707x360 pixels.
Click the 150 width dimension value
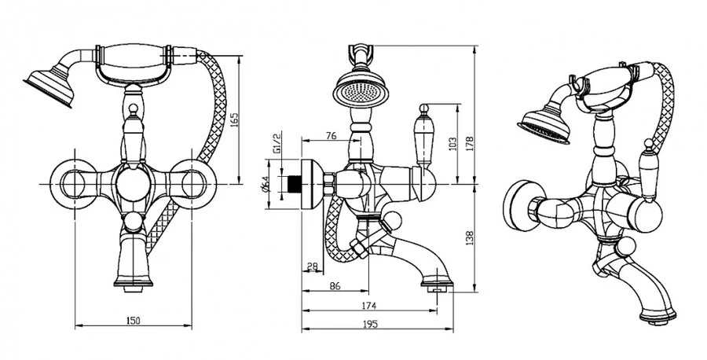[x=133, y=319]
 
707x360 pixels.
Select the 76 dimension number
[x=330, y=136]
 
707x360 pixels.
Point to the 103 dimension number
[x=452, y=144]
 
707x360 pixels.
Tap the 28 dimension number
[x=312, y=267]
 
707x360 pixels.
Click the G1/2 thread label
[x=277, y=144]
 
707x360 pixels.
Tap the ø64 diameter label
[x=267, y=184]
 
